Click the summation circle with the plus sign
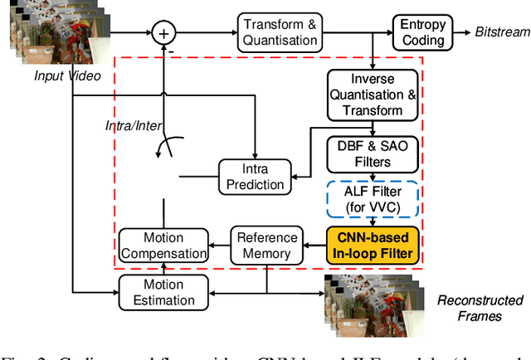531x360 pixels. [163, 33]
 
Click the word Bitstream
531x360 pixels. [502, 32]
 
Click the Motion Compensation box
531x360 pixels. [163, 245]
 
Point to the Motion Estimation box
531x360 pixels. [163, 292]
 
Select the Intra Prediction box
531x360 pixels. [255, 175]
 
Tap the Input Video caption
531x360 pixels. [67, 76]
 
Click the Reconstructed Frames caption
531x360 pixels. [481, 307]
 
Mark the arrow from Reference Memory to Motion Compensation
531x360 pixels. [217, 244]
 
